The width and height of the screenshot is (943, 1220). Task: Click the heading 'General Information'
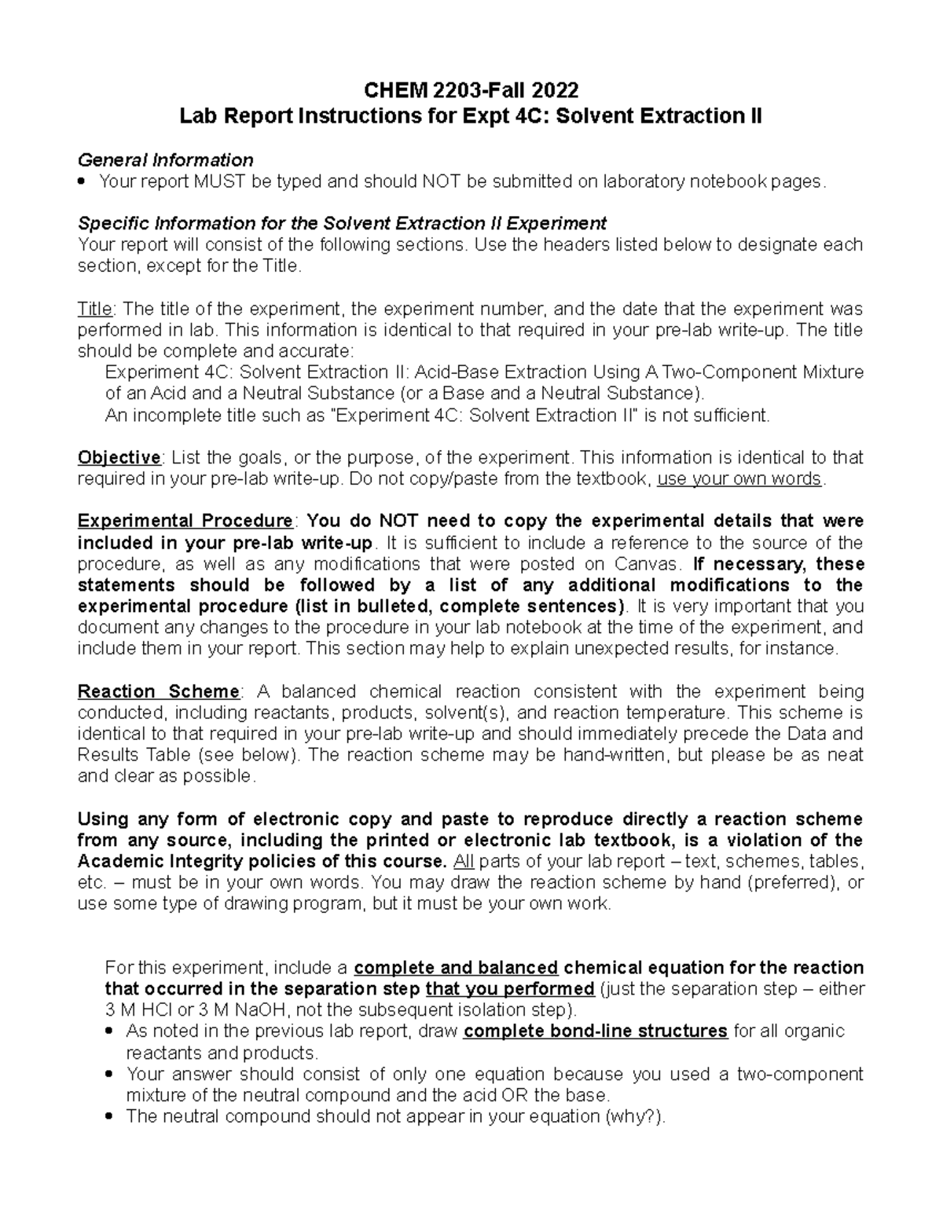click(165, 160)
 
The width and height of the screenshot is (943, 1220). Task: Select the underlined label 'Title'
click(95, 309)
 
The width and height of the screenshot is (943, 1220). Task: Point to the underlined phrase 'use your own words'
click(739, 479)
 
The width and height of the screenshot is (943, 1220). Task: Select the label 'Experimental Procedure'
click(185, 522)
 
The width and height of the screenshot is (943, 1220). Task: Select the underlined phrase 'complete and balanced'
click(456, 968)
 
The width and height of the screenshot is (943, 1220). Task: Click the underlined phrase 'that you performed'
click(508, 989)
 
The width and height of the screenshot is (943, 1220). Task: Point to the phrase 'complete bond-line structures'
click(595, 1031)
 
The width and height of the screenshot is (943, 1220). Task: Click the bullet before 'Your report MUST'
click(83, 182)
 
